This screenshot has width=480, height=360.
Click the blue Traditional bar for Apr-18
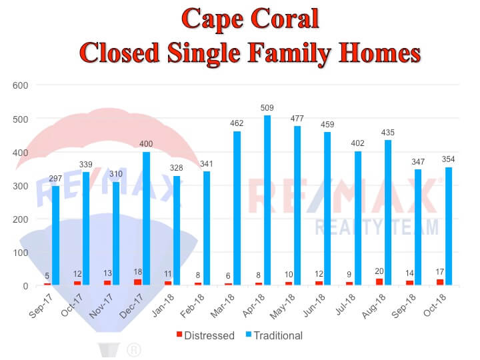click(267, 200)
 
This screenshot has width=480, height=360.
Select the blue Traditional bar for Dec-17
click(146, 218)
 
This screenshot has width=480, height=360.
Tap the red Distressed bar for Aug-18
click(379, 281)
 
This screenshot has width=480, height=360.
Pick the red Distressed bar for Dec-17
click(137, 282)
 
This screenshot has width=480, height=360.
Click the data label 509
click(267, 108)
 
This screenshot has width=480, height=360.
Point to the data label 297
click(55, 178)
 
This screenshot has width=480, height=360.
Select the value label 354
click(448, 159)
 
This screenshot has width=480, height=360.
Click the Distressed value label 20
click(379, 271)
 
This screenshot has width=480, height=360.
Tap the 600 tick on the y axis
click(20, 85)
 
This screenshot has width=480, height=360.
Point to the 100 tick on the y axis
click(20, 253)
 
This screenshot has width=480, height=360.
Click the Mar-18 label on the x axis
click(222, 305)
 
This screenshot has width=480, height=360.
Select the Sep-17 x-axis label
click(41, 305)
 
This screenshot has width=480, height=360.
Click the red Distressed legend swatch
click(179, 334)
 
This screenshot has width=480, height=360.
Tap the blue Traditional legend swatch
click(249, 334)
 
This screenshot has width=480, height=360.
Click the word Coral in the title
click(285, 19)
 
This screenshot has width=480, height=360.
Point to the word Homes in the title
click(379, 53)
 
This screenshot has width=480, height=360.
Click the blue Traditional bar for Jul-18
click(358, 218)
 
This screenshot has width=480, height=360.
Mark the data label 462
click(237, 123)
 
